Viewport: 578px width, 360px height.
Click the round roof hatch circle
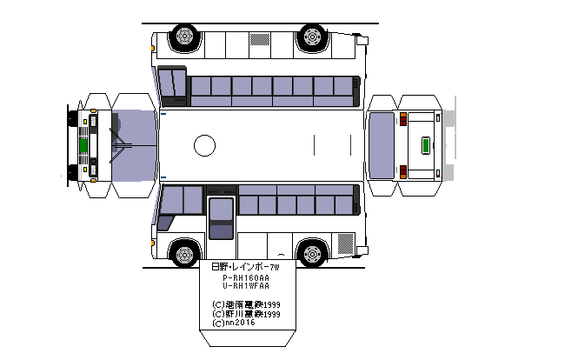click(204, 145)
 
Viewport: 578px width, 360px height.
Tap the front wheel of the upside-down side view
click(183, 37)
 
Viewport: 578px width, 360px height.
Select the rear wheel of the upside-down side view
click(310, 37)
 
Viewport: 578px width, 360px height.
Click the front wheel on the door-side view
click(183, 254)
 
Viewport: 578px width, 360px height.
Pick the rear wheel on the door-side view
click(310, 254)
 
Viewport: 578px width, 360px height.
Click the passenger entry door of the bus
click(221, 218)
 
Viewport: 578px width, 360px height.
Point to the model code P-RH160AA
click(246, 277)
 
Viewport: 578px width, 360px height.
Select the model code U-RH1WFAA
click(246, 286)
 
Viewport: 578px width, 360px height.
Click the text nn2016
click(233, 323)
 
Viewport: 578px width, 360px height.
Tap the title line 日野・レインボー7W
click(246, 267)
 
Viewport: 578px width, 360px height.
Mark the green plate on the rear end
click(427, 145)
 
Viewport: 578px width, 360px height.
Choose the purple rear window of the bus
click(382, 145)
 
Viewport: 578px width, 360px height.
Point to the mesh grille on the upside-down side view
click(260, 39)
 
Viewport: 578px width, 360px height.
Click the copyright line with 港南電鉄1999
click(246, 304)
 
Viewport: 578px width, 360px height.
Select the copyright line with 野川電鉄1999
click(246, 314)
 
